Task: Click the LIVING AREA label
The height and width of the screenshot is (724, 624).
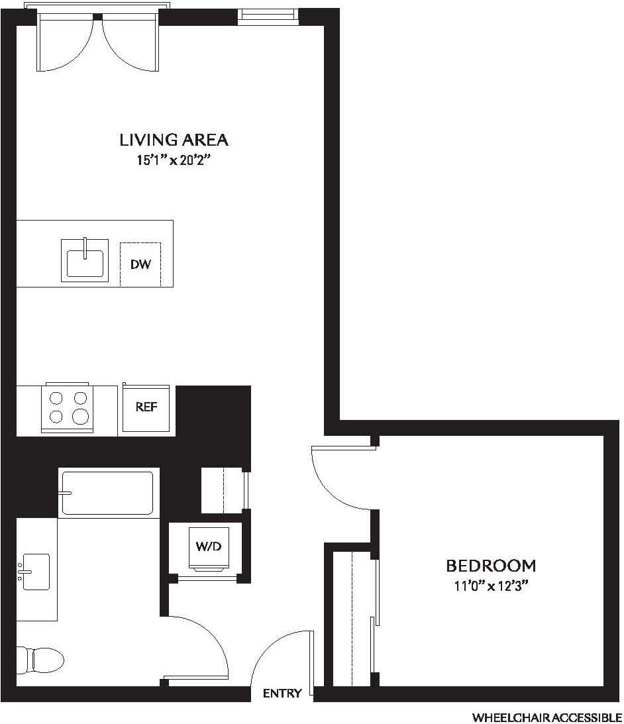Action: (174, 140)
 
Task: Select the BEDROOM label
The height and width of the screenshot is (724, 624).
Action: (490, 566)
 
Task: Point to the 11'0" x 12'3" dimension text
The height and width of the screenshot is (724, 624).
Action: (490, 585)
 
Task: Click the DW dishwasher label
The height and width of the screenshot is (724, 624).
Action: (140, 264)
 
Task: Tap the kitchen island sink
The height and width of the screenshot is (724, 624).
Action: (85, 258)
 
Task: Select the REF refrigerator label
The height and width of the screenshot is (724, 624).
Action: (146, 407)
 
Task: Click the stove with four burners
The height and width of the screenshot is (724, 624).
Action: (67, 407)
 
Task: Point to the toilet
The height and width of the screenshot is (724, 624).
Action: (40, 660)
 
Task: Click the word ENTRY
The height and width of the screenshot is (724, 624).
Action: (282, 694)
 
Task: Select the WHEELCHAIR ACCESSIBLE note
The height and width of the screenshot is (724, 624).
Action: (546, 717)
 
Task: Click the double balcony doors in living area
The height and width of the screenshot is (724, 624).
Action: (99, 43)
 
